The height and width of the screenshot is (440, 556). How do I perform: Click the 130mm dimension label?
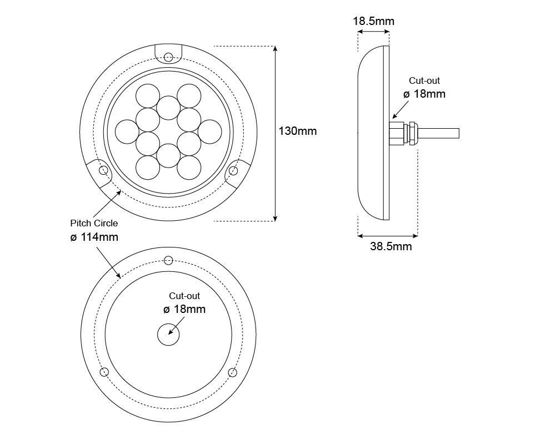point(298,131)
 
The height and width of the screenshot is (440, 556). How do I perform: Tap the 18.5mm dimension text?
point(373,21)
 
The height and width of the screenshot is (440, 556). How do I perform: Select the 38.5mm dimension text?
point(391,246)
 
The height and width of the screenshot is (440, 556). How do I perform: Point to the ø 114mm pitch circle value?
point(94,237)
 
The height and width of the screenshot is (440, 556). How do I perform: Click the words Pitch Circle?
point(94,223)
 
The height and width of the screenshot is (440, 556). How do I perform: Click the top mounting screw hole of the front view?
point(169,57)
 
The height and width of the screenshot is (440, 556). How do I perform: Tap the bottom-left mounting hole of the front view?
point(103,170)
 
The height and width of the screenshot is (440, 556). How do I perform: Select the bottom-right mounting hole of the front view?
point(233,171)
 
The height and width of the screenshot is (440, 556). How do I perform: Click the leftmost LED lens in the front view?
point(127,132)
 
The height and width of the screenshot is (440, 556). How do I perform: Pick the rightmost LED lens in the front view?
point(210,132)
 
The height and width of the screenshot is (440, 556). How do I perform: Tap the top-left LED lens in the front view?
point(148,96)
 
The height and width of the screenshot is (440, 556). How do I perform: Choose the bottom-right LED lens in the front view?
point(189,168)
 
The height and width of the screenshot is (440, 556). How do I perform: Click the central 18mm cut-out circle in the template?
point(168,334)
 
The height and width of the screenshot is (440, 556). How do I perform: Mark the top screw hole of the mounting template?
point(169,260)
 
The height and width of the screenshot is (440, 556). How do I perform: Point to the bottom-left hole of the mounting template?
point(104,372)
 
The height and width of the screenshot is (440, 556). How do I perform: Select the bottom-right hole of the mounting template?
point(233,372)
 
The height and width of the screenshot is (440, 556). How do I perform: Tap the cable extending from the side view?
point(438,133)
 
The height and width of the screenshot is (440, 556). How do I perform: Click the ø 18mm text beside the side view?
point(424,94)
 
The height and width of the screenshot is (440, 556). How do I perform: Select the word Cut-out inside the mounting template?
point(184,296)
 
